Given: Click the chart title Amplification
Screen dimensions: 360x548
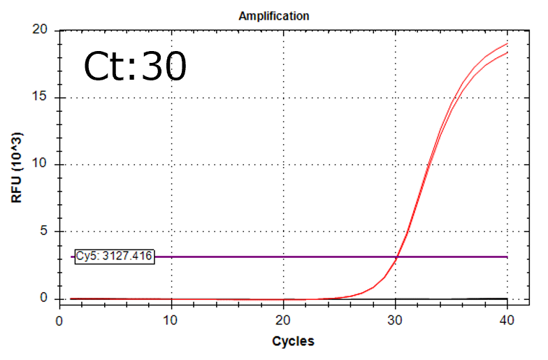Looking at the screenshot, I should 274,15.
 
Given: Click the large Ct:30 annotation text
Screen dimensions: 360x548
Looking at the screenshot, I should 136,67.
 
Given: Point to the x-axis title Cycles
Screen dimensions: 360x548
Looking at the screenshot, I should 293,341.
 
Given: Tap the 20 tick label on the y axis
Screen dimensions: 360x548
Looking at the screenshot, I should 39,30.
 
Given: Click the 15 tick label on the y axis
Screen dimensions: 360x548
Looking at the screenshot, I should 39,97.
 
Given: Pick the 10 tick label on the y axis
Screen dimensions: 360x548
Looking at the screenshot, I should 39,164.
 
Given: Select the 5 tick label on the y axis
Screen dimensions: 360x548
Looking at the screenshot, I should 43,231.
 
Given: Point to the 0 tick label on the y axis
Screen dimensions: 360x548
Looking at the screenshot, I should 43,298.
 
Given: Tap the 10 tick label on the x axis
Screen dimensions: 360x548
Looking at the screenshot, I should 171,320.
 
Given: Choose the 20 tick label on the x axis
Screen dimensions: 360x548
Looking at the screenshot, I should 283,320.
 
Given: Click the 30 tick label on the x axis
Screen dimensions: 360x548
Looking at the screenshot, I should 396,320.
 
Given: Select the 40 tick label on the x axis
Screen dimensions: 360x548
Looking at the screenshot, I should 507,320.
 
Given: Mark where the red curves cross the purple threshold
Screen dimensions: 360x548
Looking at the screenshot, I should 396,257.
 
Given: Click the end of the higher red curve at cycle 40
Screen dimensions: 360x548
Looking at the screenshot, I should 507,43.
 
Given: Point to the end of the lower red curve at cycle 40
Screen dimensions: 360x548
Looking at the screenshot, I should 507,52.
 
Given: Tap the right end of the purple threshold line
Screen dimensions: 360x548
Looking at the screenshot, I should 507,257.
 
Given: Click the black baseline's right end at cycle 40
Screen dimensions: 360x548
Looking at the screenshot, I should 507,298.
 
